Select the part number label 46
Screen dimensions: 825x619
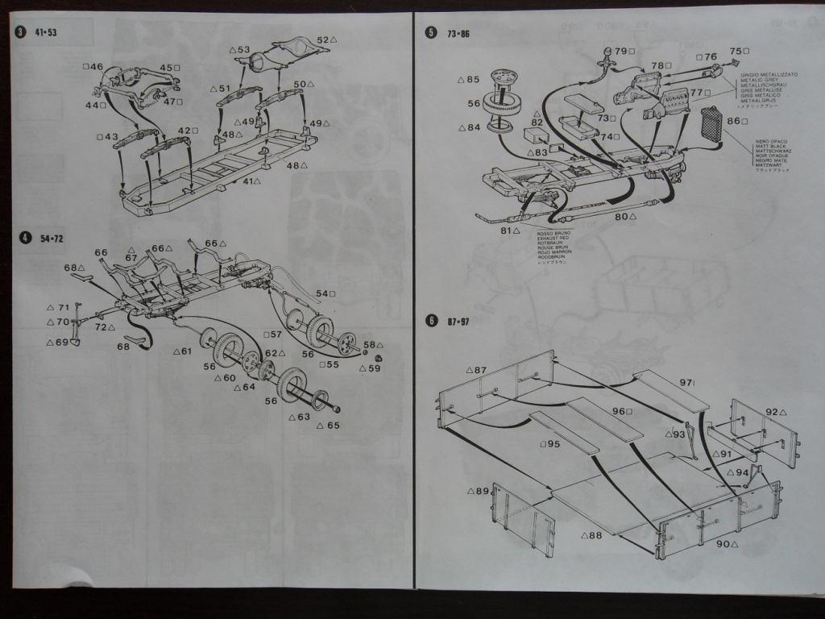click(97, 67)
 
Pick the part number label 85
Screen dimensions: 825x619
click(472, 80)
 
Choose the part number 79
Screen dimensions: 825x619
click(620, 52)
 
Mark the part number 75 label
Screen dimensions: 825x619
click(735, 52)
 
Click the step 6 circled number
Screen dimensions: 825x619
click(431, 321)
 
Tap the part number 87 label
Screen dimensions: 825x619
click(480, 371)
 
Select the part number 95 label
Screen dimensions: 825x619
click(551, 444)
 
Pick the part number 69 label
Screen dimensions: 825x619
click(62, 343)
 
